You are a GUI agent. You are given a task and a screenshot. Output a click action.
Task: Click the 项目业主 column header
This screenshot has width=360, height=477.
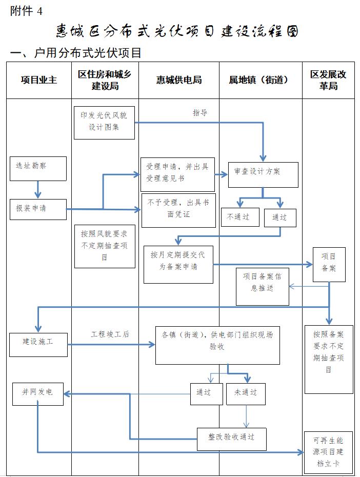[38, 80]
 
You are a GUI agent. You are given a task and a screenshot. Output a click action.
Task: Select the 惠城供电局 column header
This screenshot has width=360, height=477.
[179, 80]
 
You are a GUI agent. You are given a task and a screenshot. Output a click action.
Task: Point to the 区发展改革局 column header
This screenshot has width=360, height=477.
[328, 80]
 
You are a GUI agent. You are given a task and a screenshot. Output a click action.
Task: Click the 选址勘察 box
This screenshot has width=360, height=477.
[38, 168]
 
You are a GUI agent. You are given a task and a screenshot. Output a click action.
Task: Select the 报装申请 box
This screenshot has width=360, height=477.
[38, 209]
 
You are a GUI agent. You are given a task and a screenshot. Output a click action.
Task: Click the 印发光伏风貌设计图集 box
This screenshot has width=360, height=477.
[105, 122]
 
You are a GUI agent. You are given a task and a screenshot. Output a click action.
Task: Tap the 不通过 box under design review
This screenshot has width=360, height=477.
[238, 216]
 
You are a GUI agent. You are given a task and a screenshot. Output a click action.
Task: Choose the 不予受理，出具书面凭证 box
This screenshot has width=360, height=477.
[178, 210]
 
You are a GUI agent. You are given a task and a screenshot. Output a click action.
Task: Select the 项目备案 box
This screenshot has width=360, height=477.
[329, 264]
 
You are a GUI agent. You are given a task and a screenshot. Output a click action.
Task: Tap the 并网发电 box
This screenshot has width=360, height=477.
[38, 393]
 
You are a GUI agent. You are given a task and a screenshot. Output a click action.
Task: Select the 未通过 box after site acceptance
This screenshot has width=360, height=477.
[246, 393]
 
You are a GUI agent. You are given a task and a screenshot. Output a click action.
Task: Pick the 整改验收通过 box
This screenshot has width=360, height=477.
[232, 438]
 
